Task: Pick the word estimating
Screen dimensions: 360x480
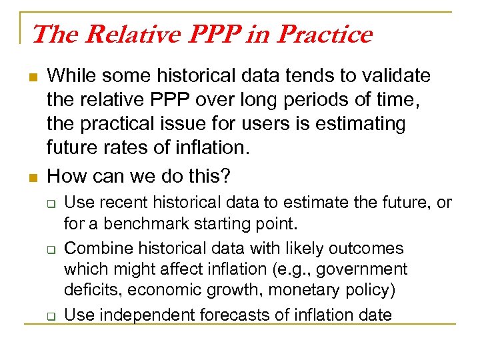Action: pos(366,124)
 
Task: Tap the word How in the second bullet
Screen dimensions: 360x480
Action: pos(65,176)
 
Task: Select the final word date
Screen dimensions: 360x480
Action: pos(371,314)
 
